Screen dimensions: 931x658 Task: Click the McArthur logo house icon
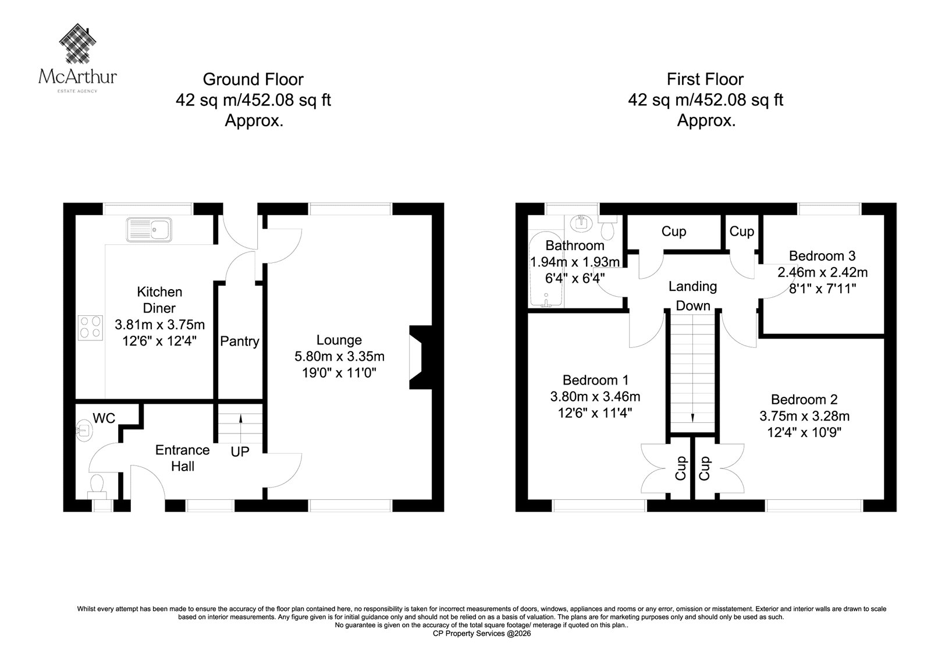(x=78, y=43)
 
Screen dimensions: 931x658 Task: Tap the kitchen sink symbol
(x=149, y=229)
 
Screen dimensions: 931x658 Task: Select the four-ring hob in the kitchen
(x=91, y=328)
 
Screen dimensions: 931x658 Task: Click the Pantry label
(x=240, y=341)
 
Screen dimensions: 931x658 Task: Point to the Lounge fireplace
(x=421, y=357)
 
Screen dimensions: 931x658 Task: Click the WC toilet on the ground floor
(x=97, y=486)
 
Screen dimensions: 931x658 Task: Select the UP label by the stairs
(x=240, y=451)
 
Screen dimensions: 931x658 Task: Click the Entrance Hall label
(x=183, y=458)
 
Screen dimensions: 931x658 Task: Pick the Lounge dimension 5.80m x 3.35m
(x=340, y=356)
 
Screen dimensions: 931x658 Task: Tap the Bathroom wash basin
(x=581, y=223)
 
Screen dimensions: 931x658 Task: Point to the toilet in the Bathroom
(x=608, y=228)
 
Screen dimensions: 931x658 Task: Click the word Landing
(x=693, y=286)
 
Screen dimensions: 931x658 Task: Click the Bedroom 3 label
(x=822, y=255)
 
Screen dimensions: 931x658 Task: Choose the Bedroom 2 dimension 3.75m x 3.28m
(x=805, y=416)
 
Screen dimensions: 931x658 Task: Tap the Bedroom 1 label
(x=596, y=380)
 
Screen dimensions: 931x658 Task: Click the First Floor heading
(x=705, y=79)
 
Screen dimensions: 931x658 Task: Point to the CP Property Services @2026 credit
(x=482, y=634)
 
